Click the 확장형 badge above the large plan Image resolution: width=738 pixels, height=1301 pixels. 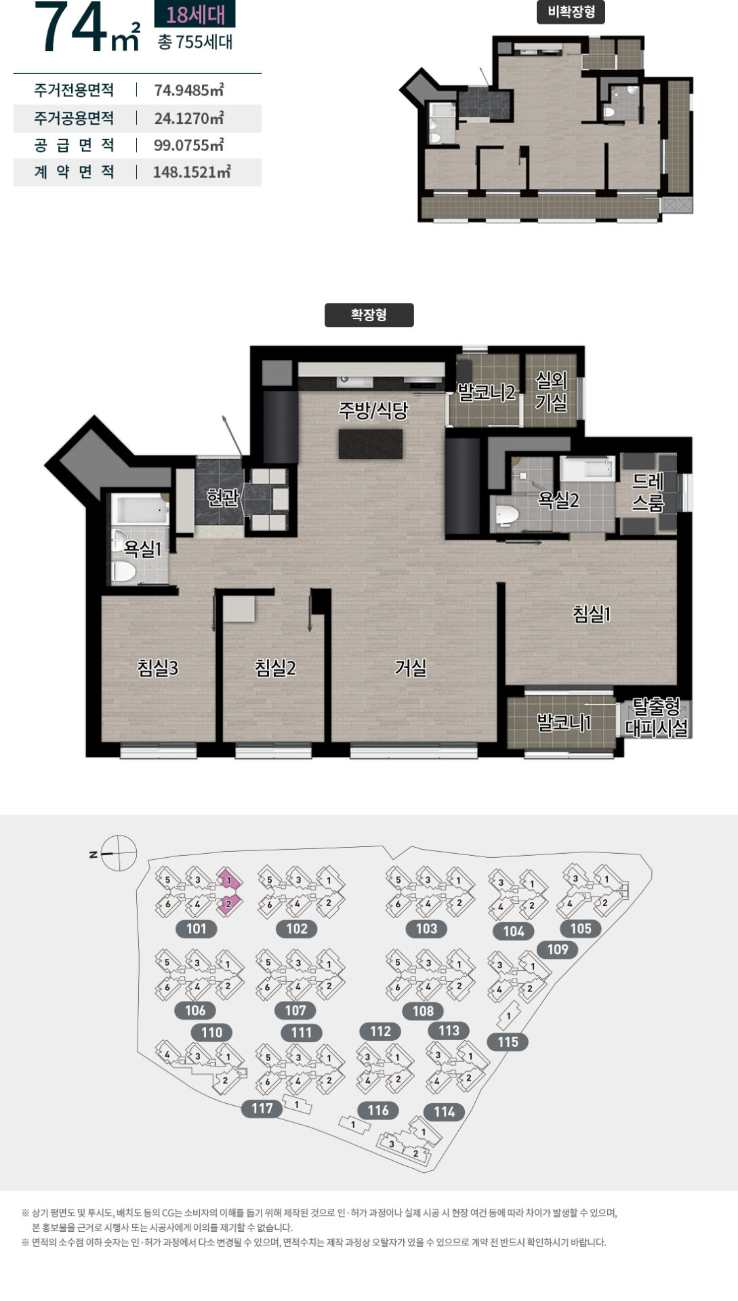click(x=369, y=315)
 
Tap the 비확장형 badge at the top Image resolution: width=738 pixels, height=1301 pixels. click(x=571, y=12)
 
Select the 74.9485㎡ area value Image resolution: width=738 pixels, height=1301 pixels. click(x=189, y=90)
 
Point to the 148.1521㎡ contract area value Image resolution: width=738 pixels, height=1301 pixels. click(x=192, y=172)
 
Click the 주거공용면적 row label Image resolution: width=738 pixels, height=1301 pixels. click(x=74, y=118)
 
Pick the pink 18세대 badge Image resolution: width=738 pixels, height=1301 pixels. click(x=195, y=14)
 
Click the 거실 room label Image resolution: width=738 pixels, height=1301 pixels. click(x=411, y=668)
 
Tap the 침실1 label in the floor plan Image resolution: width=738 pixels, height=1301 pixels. click(x=592, y=614)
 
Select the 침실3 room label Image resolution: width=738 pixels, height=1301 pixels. click(x=157, y=668)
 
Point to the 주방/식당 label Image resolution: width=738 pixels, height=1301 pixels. click(x=373, y=411)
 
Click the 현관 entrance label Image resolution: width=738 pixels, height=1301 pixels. click(x=223, y=498)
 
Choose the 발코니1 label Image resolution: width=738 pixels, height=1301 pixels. click(x=564, y=722)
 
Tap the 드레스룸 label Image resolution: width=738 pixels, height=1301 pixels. click(x=648, y=492)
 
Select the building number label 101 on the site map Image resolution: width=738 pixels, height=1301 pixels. click(x=196, y=928)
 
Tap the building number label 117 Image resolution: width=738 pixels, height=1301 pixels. click(x=262, y=1109)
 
